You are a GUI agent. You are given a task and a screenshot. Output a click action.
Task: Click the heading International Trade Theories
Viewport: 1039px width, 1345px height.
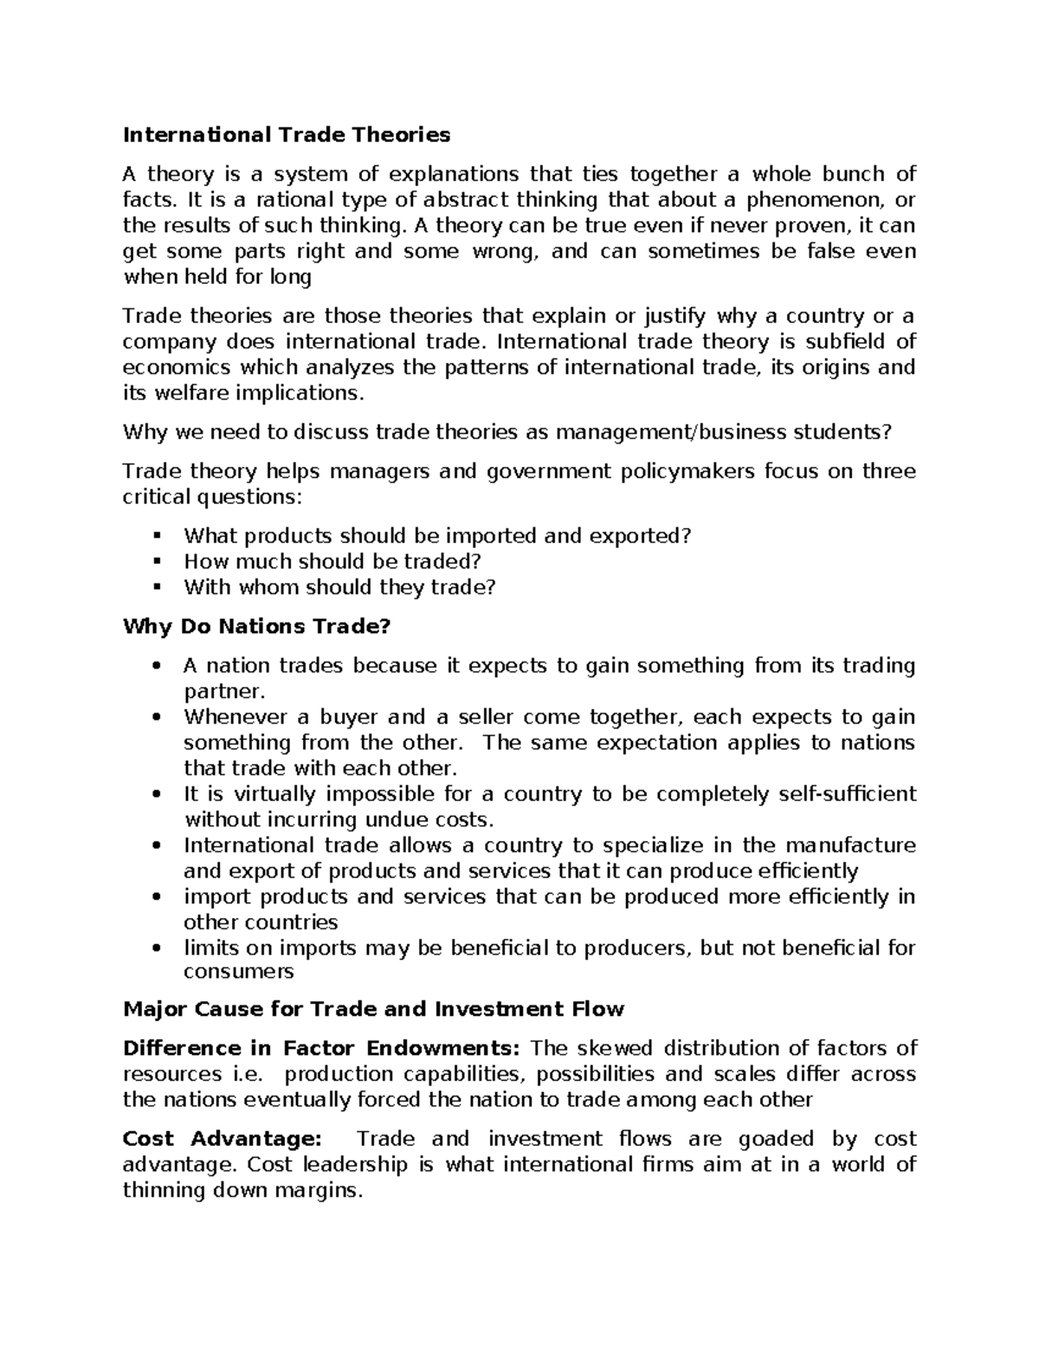(x=287, y=134)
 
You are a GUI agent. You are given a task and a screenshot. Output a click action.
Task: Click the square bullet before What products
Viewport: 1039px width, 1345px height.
(x=157, y=536)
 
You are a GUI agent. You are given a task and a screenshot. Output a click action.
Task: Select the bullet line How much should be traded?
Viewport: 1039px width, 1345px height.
(x=332, y=561)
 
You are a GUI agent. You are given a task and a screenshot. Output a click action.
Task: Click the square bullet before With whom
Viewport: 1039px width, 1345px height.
(x=157, y=587)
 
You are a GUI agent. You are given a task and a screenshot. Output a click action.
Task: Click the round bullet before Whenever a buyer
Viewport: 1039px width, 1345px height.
(x=157, y=717)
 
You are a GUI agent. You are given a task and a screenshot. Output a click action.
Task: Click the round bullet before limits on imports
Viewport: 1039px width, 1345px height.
(x=157, y=947)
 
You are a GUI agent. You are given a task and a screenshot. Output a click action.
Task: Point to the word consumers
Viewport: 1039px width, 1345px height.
(x=239, y=972)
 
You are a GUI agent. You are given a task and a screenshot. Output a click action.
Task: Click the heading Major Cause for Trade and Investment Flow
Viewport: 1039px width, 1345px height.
(x=373, y=1009)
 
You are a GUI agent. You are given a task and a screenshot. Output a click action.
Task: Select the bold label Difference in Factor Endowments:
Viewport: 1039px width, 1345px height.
(x=321, y=1048)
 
